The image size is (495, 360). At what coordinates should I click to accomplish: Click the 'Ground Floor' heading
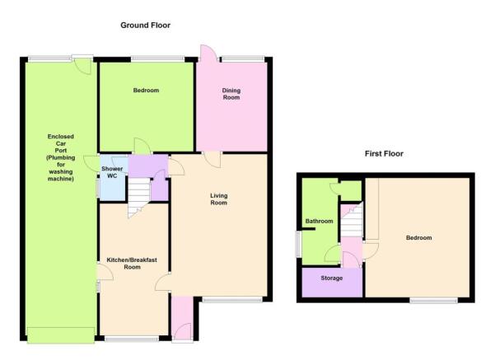[145, 26]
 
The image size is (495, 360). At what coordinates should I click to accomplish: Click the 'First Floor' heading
[384, 154]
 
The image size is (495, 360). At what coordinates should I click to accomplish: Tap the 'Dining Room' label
[231, 94]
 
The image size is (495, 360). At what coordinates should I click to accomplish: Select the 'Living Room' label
[219, 199]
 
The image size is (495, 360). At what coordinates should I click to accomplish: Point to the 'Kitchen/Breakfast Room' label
[132, 264]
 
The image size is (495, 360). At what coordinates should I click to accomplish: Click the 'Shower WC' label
[112, 172]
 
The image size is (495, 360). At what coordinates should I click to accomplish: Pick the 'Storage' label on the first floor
[331, 278]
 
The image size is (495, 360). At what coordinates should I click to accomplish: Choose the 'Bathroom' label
[320, 221]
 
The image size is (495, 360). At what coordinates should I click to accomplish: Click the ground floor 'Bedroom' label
[146, 91]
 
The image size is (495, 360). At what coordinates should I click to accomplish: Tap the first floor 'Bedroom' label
[418, 237]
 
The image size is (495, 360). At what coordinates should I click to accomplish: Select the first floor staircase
[352, 220]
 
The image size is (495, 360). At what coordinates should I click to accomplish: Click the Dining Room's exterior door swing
[208, 53]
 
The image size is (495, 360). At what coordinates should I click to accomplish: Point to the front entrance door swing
[182, 331]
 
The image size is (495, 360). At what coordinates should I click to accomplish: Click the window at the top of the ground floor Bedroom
[157, 58]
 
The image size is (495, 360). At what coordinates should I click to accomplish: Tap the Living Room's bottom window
[232, 300]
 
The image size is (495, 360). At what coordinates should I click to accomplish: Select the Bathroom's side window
[297, 244]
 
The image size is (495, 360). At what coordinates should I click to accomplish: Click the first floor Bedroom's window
[434, 301]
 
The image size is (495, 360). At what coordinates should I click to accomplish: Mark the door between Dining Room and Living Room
[212, 160]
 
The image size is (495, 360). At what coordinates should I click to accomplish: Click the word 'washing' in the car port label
[61, 172]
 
